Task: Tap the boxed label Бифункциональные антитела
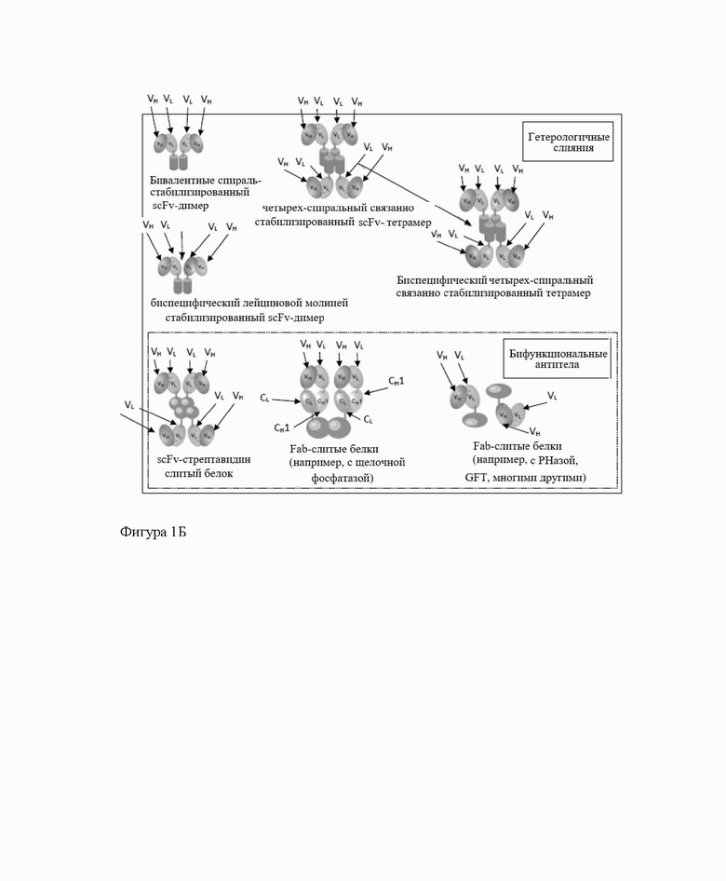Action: (x=557, y=359)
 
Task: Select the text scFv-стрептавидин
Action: (x=200, y=459)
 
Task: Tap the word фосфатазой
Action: (x=342, y=477)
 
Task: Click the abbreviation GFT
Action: (x=477, y=477)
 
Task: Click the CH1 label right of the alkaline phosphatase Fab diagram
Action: (x=396, y=382)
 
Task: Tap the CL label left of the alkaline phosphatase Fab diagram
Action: (x=265, y=398)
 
